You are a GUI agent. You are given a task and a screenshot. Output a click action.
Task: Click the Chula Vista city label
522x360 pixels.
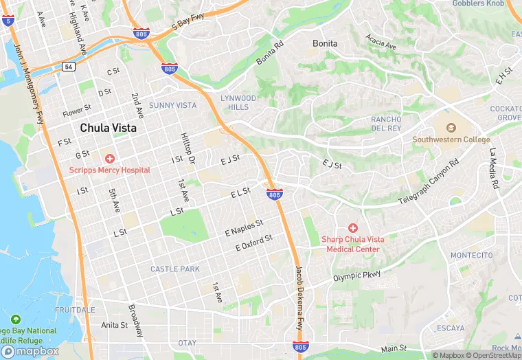coord(108,128)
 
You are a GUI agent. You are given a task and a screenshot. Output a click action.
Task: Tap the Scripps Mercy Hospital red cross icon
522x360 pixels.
coord(109,159)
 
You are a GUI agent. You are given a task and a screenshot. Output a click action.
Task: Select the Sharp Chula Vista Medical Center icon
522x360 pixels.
coord(353,227)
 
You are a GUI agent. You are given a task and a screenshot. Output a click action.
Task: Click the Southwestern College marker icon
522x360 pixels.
coord(451,128)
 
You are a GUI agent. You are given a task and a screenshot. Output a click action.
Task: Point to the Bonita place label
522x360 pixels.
coord(325,43)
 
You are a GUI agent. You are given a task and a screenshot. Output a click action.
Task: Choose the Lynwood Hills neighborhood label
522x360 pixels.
coord(239,103)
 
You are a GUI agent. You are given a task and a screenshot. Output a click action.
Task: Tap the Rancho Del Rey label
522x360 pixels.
coord(386,124)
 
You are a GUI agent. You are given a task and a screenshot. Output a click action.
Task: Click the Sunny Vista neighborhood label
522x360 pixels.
coord(172,105)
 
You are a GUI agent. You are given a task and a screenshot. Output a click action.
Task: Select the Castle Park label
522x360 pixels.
coord(175,269)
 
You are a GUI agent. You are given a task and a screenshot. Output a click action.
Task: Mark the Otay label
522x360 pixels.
coord(187,342)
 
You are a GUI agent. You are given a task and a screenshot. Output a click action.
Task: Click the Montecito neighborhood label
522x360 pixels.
coord(471,255)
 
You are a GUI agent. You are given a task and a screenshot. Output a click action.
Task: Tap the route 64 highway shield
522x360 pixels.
coord(68,66)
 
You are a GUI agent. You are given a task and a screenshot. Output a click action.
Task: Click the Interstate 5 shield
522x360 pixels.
coord(8,21)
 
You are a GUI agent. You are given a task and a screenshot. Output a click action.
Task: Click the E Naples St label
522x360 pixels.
coord(244,229)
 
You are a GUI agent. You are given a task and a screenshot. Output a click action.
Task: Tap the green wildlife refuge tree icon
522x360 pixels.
coord(15,319)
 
